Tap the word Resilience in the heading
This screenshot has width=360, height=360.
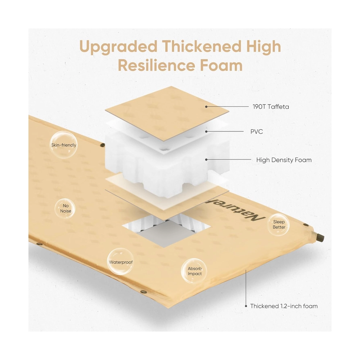156,66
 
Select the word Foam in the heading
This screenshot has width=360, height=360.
221,66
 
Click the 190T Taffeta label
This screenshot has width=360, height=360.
271,107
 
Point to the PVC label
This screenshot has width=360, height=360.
256,132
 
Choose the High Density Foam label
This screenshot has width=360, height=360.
284,160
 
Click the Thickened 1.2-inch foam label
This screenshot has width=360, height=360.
284,306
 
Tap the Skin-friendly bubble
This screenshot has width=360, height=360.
64,145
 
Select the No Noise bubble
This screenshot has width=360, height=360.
66,208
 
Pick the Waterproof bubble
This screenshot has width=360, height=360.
121,262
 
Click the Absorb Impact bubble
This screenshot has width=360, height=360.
194,271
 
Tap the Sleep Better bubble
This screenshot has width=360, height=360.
279,224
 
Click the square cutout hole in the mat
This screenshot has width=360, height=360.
166,231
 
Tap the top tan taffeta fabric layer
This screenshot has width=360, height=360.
167,114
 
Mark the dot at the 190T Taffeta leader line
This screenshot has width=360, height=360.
206,107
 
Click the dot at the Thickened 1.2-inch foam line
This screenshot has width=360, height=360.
246,306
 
